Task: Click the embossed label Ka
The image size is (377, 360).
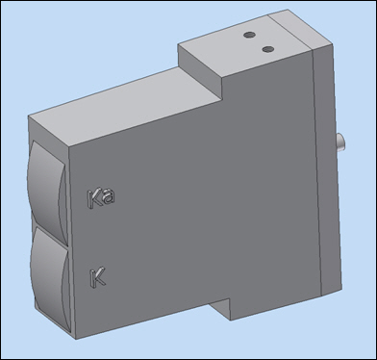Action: [101, 198]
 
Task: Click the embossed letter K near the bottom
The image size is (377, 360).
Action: [97, 278]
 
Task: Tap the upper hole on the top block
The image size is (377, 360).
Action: [249, 35]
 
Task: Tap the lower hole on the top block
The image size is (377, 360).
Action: [267, 49]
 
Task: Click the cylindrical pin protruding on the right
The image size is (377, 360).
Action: [339, 142]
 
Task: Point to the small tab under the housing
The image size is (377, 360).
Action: [221, 309]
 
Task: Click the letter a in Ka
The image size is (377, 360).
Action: [109, 196]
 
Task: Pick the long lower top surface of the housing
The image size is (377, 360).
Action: [125, 106]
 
